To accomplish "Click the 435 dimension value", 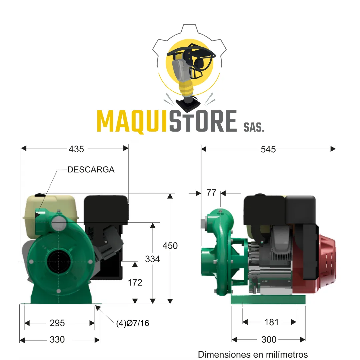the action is click(x=76, y=149).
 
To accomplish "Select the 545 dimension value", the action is click(x=268, y=149).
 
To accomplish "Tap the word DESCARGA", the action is click(x=91, y=169).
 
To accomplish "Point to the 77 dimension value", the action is click(x=211, y=193).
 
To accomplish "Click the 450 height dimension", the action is click(x=170, y=246).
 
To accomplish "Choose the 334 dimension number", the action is click(x=152, y=259).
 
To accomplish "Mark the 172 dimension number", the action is click(x=135, y=283).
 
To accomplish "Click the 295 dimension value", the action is click(x=57, y=323).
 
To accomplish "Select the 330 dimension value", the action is click(x=57, y=340).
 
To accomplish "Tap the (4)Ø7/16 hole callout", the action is click(x=133, y=323).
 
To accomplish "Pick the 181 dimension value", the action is click(x=271, y=322).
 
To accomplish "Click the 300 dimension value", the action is click(x=269, y=340).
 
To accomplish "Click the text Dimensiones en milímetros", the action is click(x=253, y=354).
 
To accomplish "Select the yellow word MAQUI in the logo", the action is click(x=132, y=121).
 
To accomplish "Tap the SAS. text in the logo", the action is click(x=254, y=127).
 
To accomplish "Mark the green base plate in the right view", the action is click(x=268, y=299).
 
